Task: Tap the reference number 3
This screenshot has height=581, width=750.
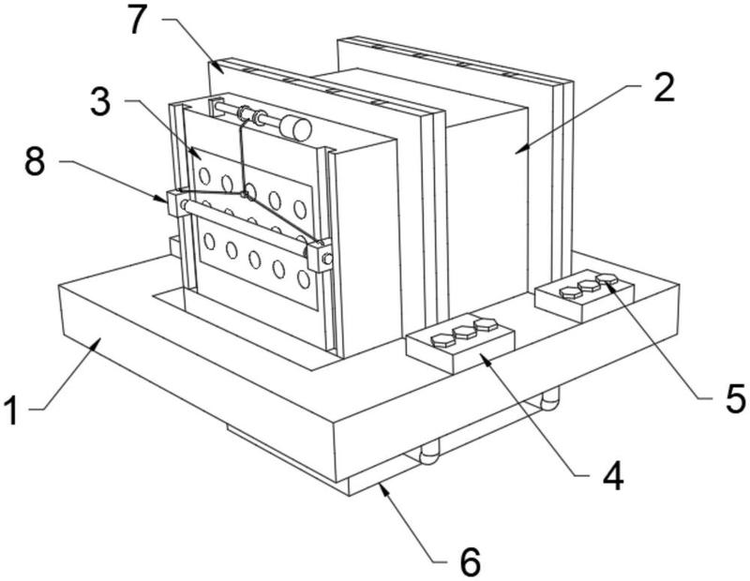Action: click(x=100, y=102)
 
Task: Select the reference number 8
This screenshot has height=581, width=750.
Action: click(x=35, y=161)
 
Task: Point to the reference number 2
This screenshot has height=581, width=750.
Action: click(x=665, y=87)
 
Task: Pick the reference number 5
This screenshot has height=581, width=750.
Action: click(x=735, y=398)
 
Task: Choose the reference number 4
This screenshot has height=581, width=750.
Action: click(x=613, y=476)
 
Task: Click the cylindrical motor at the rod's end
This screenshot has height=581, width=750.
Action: click(x=295, y=128)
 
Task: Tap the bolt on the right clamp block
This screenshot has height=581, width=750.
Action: click(x=327, y=259)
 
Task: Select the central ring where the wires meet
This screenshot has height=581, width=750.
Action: click(x=246, y=194)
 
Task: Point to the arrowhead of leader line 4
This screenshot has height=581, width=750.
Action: click(x=485, y=360)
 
